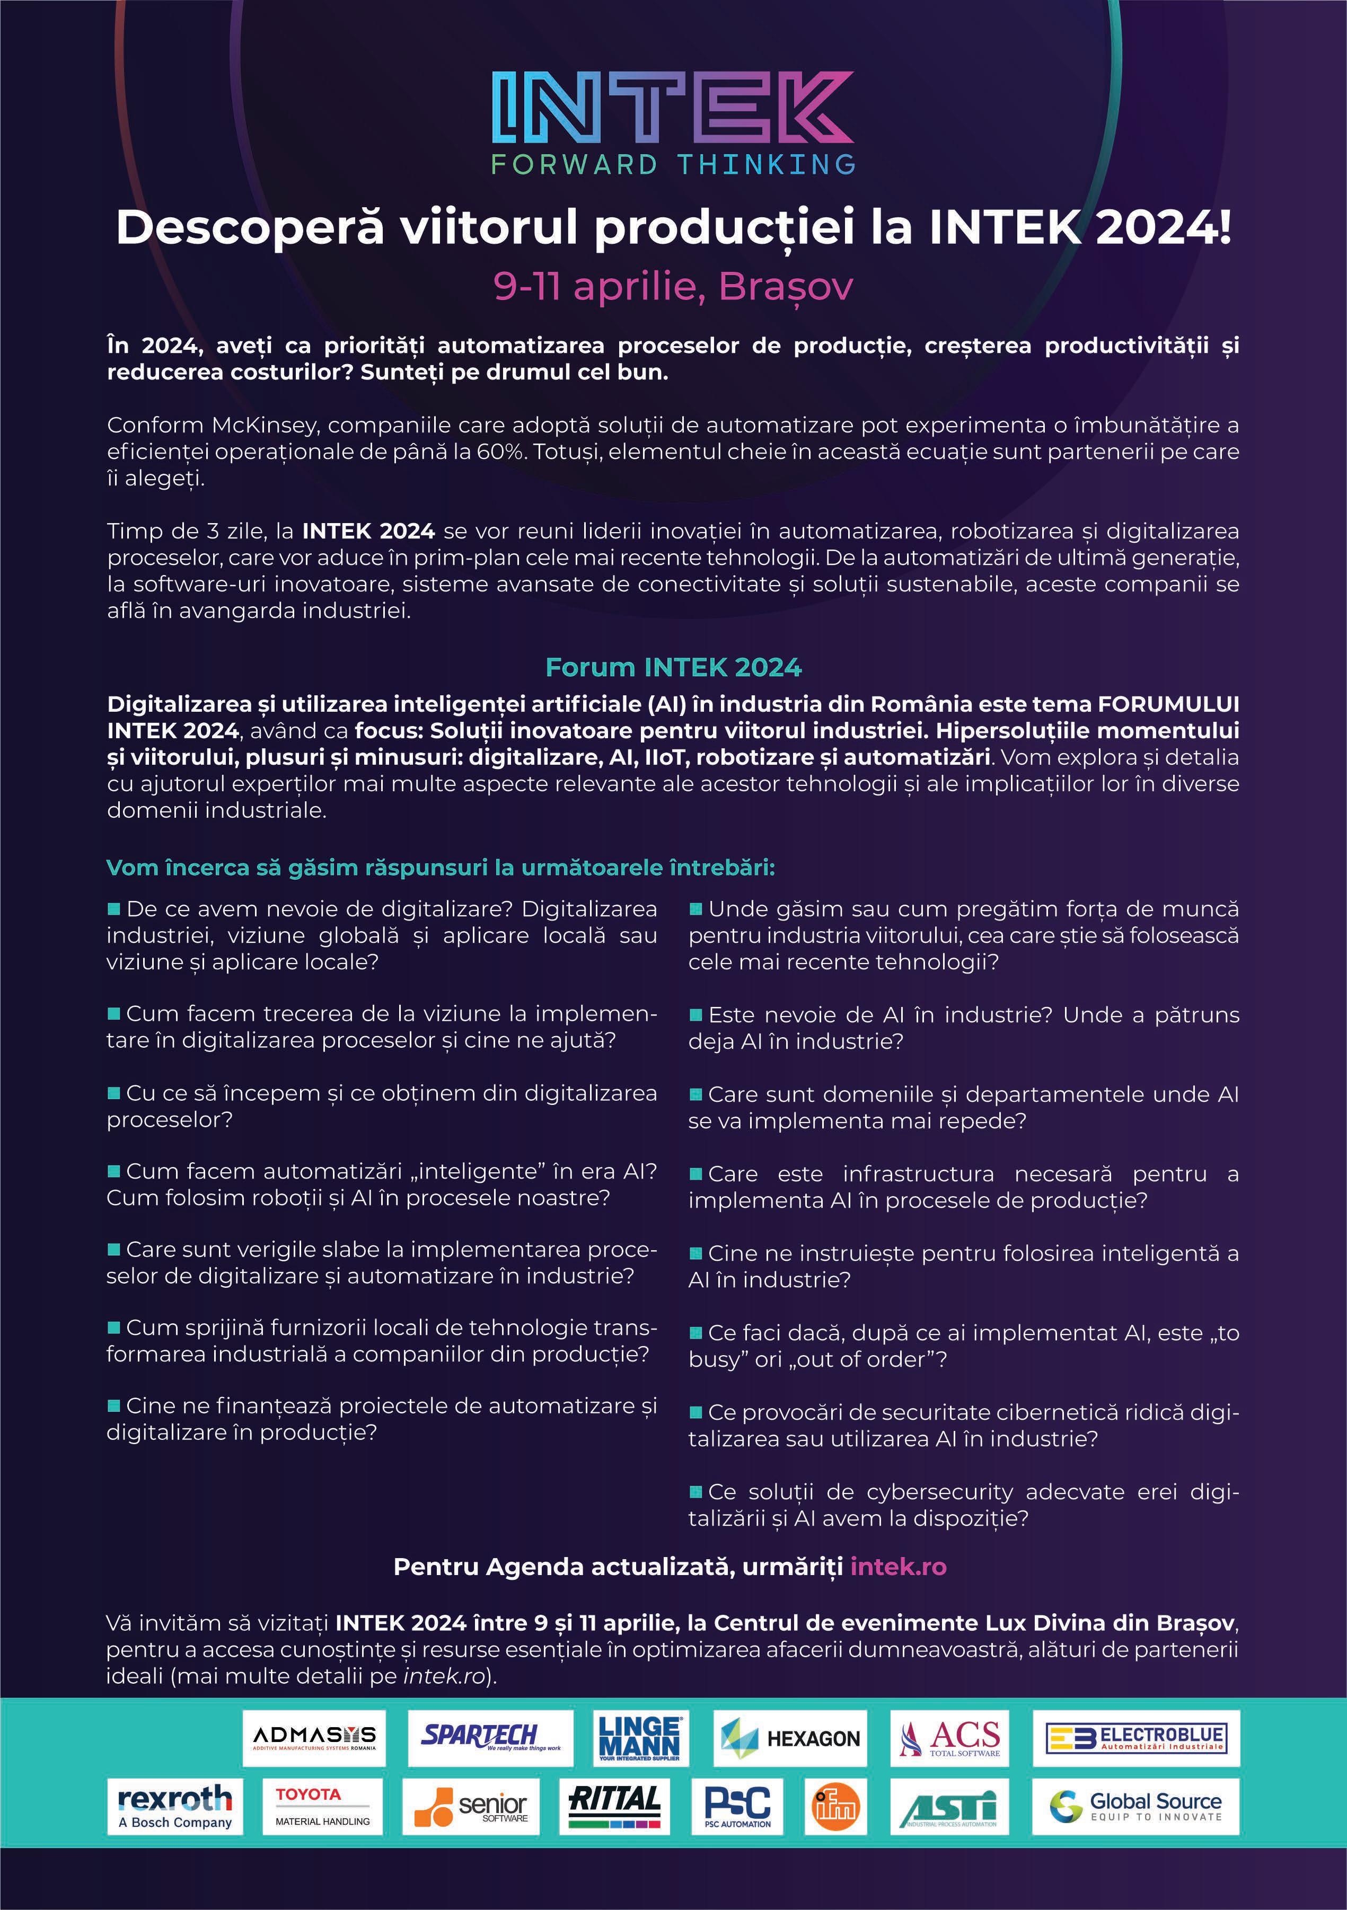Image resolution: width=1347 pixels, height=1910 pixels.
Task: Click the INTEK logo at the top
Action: coord(672,108)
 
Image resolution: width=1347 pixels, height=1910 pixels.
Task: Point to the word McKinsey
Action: coord(264,425)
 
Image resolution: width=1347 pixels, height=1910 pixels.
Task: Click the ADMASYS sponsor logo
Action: coord(314,1738)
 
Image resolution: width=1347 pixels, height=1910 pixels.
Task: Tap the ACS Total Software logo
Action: coord(949,1738)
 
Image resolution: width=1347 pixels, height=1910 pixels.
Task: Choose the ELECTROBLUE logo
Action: coord(1135,1738)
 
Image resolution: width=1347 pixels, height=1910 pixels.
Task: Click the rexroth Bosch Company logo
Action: coord(175,1806)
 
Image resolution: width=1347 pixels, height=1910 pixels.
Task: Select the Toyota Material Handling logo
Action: coord(322,1806)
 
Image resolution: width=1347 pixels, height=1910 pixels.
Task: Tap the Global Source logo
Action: coord(1135,1806)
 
